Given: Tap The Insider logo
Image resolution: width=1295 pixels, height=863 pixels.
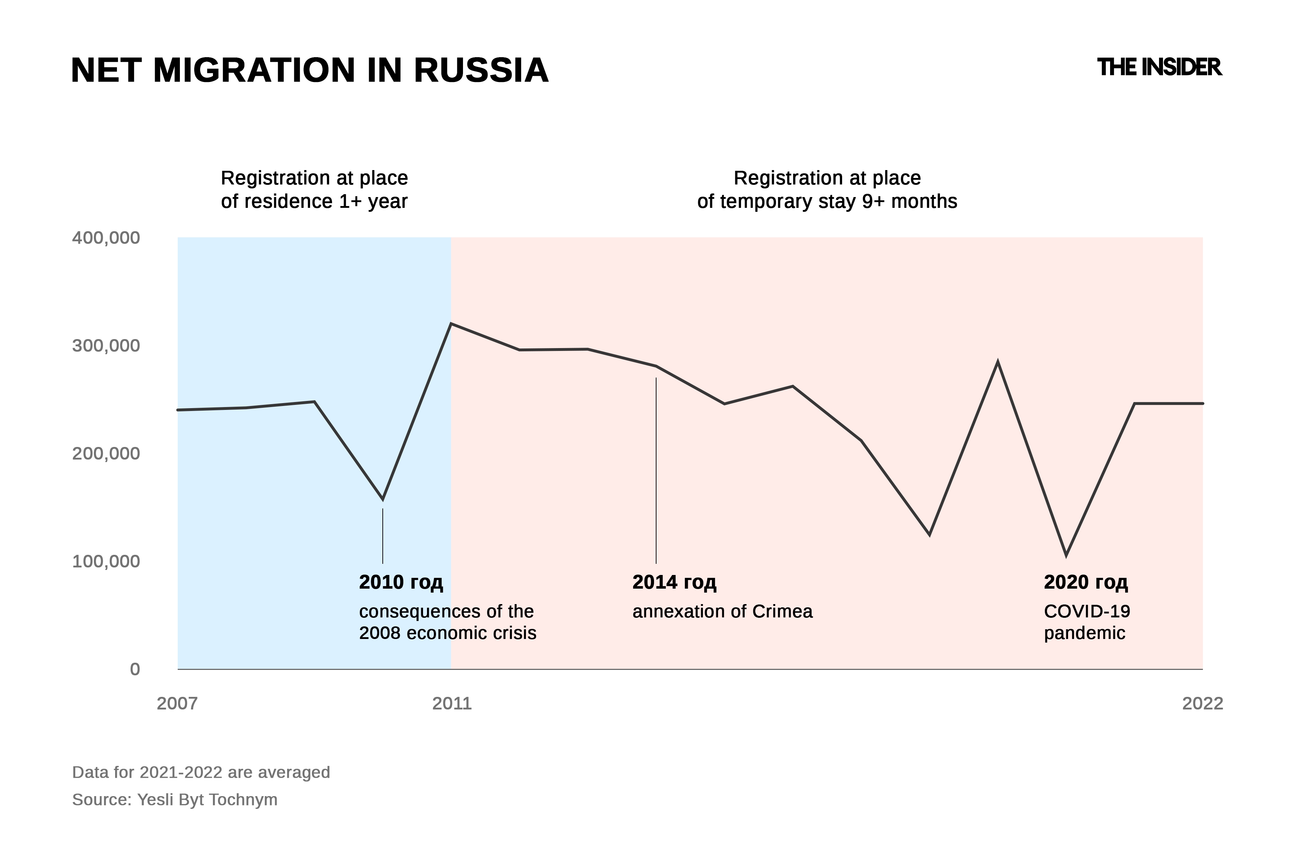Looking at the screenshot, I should click(1159, 67).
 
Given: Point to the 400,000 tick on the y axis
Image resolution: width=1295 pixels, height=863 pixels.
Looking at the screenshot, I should click(106, 238).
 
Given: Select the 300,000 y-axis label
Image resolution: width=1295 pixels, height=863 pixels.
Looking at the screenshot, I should click(106, 346).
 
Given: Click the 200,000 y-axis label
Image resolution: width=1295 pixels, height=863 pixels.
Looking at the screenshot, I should click(106, 453).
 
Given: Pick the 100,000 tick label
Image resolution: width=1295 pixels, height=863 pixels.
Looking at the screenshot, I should click(106, 561).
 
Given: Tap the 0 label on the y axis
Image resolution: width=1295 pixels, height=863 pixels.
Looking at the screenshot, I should click(135, 669).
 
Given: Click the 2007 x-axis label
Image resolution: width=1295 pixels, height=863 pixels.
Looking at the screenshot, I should click(177, 703).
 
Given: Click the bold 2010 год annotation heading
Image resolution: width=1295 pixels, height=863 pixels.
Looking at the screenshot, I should click(401, 582).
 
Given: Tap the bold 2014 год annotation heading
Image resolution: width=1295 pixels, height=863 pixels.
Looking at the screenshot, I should click(674, 582).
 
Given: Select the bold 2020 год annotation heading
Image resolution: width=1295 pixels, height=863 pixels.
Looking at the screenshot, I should click(1086, 582).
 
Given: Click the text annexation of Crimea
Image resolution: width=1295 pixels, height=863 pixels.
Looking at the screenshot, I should click(722, 612).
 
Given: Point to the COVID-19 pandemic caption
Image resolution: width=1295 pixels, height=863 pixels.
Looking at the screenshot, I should click(1087, 622).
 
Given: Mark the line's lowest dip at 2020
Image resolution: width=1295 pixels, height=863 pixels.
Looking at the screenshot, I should click(1066, 555).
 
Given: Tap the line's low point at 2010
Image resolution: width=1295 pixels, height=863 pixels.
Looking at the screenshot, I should click(383, 499).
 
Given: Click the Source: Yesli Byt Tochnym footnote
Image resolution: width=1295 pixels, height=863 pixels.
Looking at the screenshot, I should click(174, 799).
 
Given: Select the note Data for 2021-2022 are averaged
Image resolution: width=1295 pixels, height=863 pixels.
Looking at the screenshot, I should click(201, 772).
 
